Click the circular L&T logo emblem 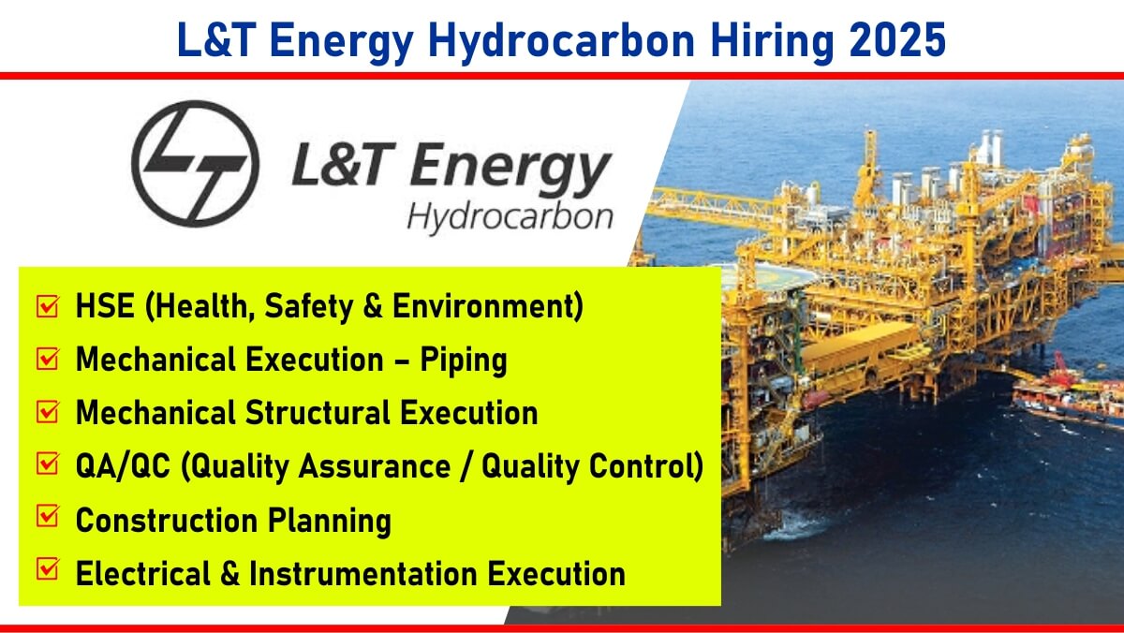tap(195, 164)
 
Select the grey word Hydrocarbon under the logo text tap(510, 218)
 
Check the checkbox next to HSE tap(48, 305)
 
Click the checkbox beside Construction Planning tap(48, 515)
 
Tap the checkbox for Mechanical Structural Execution tap(48, 411)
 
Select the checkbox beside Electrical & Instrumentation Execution tap(48, 568)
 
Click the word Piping tap(463, 361)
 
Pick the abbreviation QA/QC tap(123, 466)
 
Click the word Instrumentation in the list tap(362, 573)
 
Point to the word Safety tap(308, 307)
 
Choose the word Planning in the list tap(329, 522)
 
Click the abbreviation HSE tap(105, 305)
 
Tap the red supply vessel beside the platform tap(1068, 396)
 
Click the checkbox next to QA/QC tap(48, 464)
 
